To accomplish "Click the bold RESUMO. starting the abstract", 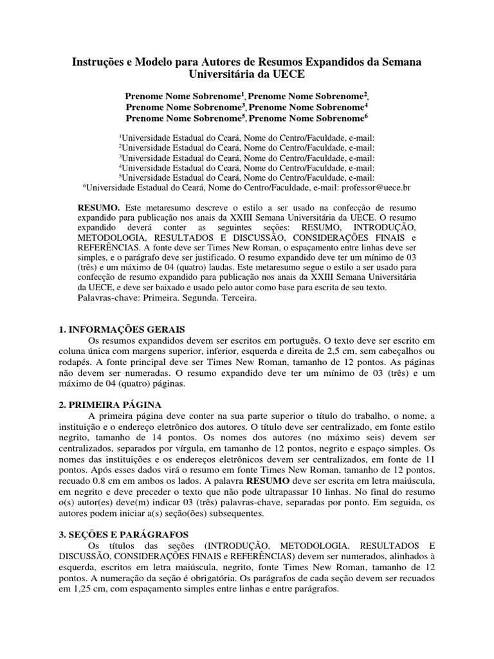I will (x=98, y=209).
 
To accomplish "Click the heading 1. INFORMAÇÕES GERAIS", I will (x=122, y=329).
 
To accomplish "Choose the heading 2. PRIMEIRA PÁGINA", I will (x=109, y=405).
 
